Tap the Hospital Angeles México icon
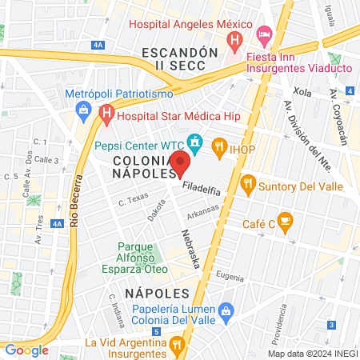click(x=234, y=38)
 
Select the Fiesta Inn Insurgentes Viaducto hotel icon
click(x=264, y=34)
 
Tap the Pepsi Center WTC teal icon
click(x=194, y=144)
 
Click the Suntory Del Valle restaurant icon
click(x=248, y=185)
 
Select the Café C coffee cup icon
click(x=285, y=222)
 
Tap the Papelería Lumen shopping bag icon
click(x=226, y=310)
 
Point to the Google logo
click(x=26, y=350)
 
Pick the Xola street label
click(x=302, y=93)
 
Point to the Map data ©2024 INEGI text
click(x=312, y=353)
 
